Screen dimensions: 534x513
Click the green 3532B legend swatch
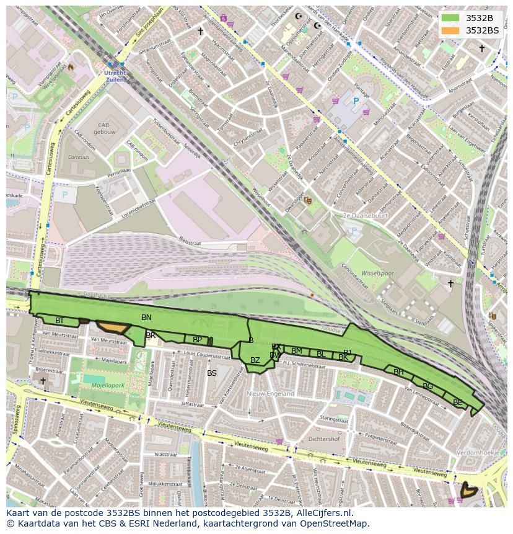[451, 18]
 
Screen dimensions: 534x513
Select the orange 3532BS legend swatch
[451, 30]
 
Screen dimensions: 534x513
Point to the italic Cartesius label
[78, 157]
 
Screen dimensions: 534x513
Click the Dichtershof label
[323, 439]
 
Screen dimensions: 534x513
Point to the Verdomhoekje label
[477, 453]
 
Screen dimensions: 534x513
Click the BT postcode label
[59, 321]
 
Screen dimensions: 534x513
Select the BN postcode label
[146, 318]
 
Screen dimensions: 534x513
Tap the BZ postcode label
[255, 360]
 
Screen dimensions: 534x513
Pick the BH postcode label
[398, 372]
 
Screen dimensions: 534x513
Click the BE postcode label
[457, 403]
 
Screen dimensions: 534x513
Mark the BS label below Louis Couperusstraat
[212, 373]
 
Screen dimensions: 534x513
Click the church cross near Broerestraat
[43, 380]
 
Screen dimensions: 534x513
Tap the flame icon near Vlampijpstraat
[71, 66]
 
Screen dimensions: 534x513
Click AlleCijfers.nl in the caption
[322, 513]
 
